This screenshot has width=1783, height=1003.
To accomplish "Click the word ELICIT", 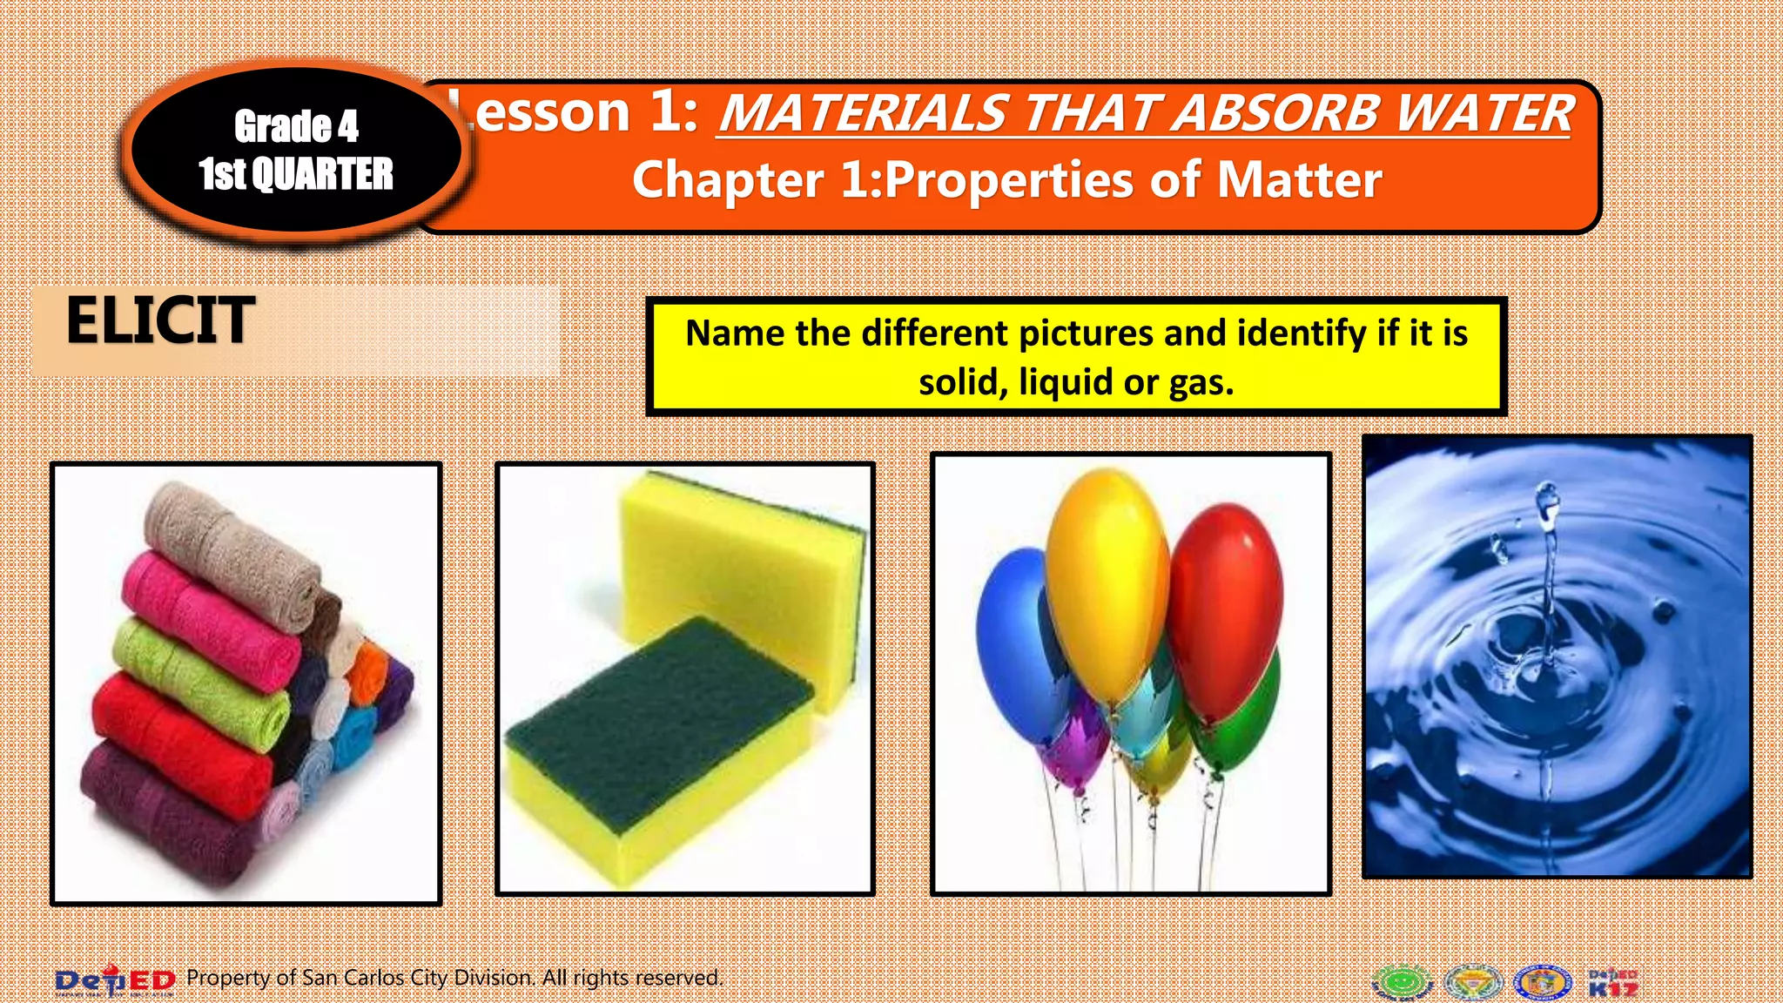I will [x=160, y=320].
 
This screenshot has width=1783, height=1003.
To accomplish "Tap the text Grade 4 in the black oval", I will [x=296, y=127].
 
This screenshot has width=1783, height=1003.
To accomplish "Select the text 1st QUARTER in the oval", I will [x=296, y=174].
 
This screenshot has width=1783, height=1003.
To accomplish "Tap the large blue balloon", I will [x=1014, y=636].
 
